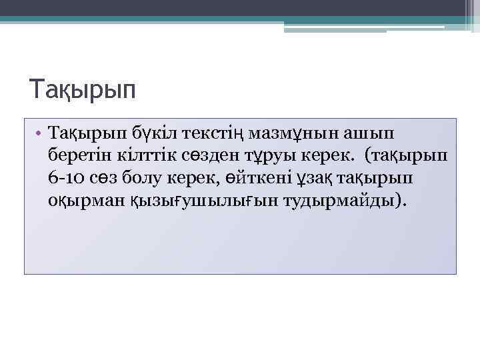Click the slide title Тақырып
click(x=83, y=89)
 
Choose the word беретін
click(x=77, y=156)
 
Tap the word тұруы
click(x=251, y=156)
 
